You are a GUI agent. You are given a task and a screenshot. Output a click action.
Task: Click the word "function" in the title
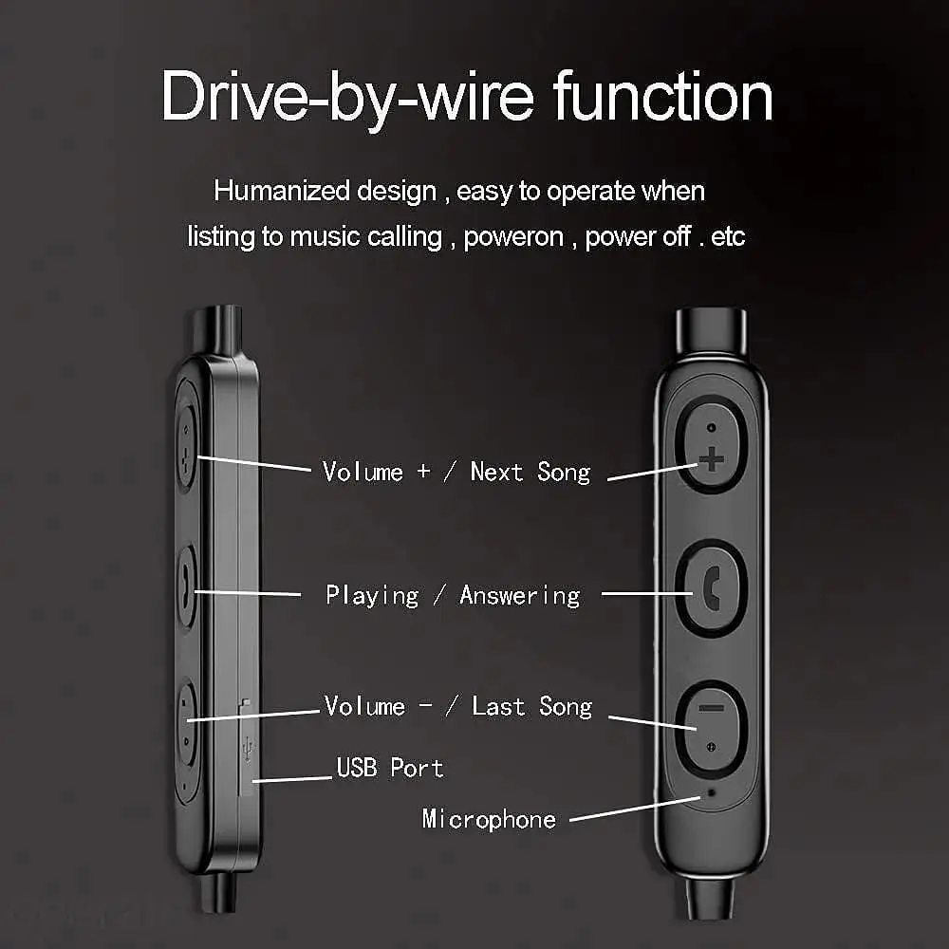point(662,96)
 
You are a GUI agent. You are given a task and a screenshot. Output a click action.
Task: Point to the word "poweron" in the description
point(513,237)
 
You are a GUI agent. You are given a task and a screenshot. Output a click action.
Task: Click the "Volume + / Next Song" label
point(456,472)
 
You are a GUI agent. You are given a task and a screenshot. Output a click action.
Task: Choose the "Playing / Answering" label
point(453,596)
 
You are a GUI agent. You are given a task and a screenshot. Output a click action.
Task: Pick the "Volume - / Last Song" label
point(458,706)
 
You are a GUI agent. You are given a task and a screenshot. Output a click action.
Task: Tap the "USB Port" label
point(390,768)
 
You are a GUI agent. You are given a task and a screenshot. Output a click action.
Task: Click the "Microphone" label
point(489,819)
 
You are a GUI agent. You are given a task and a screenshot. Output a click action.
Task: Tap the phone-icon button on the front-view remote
point(711,588)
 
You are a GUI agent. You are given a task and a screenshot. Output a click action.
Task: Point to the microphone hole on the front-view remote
point(711,792)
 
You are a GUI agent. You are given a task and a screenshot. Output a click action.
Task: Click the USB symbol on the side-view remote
point(248,748)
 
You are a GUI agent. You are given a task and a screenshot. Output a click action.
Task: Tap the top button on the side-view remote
point(186,447)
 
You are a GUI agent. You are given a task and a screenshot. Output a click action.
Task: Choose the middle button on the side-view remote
point(186,587)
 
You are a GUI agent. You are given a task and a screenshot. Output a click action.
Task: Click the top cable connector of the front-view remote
point(711,331)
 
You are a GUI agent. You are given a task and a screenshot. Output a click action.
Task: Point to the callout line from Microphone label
point(635,809)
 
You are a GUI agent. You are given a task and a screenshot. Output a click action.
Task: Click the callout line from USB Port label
point(291,779)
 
